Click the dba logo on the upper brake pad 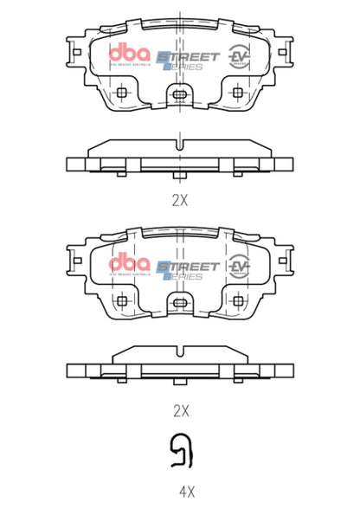pos(129,54)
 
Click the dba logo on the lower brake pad pos(129,262)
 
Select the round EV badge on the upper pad pos(238,57)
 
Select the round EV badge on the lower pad pos(238,265)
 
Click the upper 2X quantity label pos(179,200)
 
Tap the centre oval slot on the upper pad pos(179,94)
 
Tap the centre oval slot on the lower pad pos(179,302)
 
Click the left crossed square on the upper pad pos(122,92)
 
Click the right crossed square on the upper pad pos(238,92)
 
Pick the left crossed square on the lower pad pos(122,300)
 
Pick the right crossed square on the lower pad pos(238,300)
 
